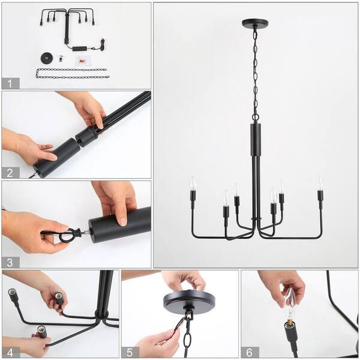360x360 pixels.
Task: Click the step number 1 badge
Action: (10, 83)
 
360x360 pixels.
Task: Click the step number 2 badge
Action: (10, 173)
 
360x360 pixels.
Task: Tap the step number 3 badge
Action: (10, 262)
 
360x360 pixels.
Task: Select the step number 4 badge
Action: (10, 352)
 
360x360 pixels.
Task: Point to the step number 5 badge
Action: (129, 352)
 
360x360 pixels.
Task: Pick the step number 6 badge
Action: (249, 352)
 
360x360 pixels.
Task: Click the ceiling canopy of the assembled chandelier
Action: (255, 23)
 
